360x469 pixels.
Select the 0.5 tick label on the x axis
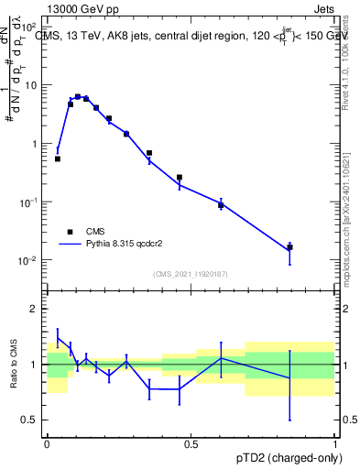click(191, 444)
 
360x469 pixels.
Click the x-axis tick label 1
click(334, 444)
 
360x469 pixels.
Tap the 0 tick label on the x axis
click(47, 444)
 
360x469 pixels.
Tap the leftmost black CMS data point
click(58, 158)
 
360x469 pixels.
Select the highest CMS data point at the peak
click(78, 96)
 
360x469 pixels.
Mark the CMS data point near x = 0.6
click(221, 204)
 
